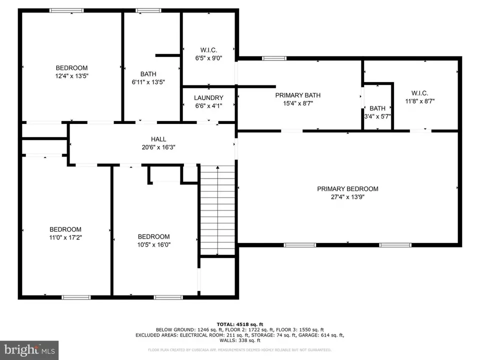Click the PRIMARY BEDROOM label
pos(347,189)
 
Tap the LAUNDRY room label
pos(208,98)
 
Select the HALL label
pos(158,139)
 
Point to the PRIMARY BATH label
pos(298,95)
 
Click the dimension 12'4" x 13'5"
pos(71,76)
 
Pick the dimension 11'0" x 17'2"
pos(65,237)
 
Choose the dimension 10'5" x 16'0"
pos(153,245)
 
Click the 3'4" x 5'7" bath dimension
pos(377,116)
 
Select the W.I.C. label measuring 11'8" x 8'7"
pos(419,93)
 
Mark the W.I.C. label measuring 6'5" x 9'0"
pos(208,49)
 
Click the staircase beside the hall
pos(217,210)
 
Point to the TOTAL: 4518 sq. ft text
pos(240,323)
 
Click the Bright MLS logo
pos(29,349)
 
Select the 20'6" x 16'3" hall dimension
pos(158,147)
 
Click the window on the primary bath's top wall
pos(274,58)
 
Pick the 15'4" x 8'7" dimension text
pos(298,103)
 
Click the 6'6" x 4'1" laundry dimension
pos(208,106)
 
